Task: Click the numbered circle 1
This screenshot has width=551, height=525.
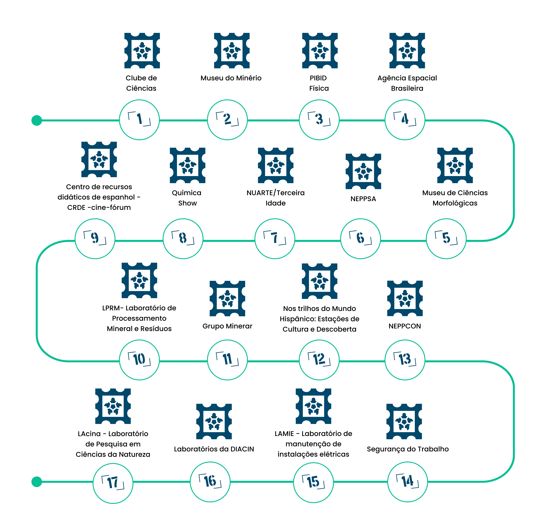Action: (139, 120)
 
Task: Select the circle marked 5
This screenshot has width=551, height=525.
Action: (446, 239)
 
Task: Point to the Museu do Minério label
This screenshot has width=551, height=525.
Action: (231, 78)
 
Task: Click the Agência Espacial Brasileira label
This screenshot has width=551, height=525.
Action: (407, 83)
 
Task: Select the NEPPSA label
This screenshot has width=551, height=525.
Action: (363, 199)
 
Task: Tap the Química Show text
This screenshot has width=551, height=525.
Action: (187, 198)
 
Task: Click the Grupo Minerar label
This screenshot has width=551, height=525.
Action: (227, 326)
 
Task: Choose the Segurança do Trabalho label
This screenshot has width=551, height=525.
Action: (408, 449)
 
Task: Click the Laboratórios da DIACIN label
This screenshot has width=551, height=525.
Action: (214, 449)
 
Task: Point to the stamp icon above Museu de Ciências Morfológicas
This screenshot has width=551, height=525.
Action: (455, 165)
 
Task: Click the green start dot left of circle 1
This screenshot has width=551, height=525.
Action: (37, 120)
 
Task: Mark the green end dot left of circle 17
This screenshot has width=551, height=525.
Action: (37, 482)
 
